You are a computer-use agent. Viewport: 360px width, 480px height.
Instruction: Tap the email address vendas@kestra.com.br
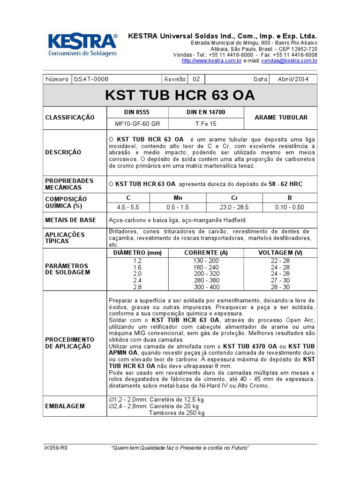click(289, 61)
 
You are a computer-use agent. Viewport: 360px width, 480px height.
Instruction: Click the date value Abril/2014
click(293, 79)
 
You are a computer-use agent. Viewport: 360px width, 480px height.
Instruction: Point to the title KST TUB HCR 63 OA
click(180, 95)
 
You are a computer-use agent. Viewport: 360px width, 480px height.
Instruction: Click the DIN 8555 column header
click(137, 112)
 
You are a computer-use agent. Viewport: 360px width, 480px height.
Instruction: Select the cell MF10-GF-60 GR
click(137, 124)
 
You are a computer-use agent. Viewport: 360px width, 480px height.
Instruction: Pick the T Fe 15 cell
click(206, 124)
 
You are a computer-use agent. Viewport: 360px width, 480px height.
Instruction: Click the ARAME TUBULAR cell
click(281, 118)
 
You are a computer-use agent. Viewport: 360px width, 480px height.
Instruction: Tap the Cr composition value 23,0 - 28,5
click(234, 207)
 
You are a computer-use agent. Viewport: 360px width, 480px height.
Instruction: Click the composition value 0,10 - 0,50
click(290, 207)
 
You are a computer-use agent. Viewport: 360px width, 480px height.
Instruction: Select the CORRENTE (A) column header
click(206, 253)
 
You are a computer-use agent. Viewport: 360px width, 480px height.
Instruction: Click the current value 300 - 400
click(206, 286)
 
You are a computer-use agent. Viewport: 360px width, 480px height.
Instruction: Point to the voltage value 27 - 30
click(280, 280)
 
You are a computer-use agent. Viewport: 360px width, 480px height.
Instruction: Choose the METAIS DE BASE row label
click(70, 220)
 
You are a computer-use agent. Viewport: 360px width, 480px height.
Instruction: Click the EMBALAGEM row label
click(65, 406)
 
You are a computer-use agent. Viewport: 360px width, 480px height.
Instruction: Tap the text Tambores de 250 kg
click(177, 413)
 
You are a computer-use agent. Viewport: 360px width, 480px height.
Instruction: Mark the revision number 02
click(196, 79)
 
